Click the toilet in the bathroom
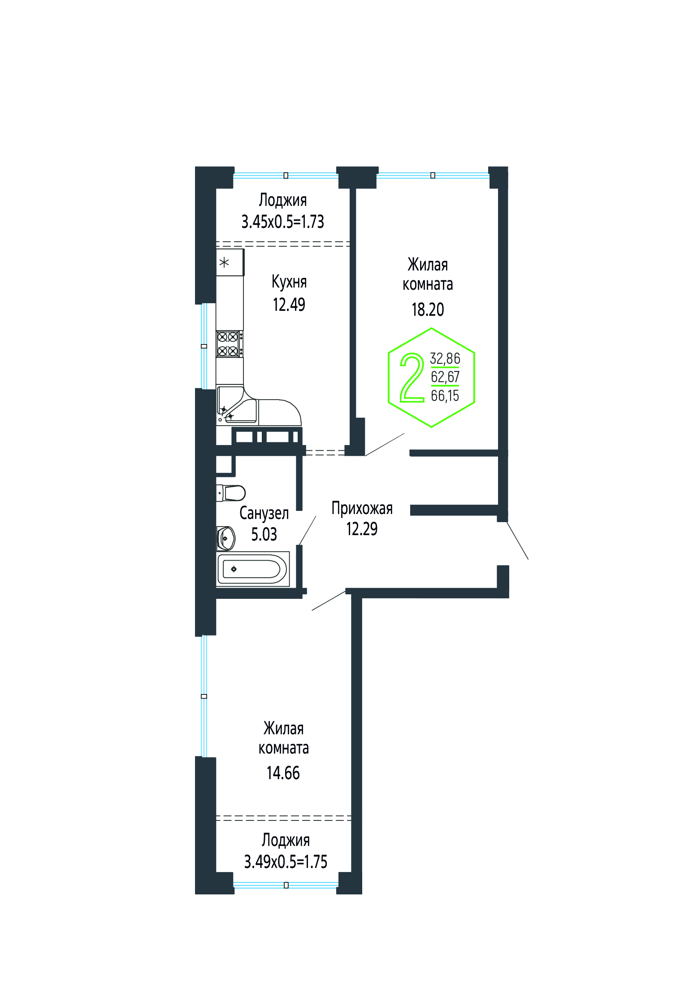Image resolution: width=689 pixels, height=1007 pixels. tap(231, 493)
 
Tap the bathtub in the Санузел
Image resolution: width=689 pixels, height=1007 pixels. tap(253, 569)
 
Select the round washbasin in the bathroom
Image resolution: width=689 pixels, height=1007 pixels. tap(226, 538)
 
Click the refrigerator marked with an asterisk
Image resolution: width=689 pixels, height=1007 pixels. tap(230, 262)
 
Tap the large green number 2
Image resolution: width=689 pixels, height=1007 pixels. tap(412, 377)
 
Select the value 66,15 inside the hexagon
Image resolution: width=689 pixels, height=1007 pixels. tap(445, 396)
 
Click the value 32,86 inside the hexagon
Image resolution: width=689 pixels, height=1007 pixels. tap(445, 358)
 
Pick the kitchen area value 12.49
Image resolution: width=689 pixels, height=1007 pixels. tap(289, 305)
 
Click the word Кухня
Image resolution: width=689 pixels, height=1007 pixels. tap(289, 282)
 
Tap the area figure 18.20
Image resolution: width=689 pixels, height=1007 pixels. tap(428, 310)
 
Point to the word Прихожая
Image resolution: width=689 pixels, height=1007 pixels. tap(362, 508)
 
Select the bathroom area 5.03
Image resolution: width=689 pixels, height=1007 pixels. tap(264, 534)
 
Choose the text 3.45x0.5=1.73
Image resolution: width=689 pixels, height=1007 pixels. tap(283, 222)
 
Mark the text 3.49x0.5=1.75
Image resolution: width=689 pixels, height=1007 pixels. tap(286, 862)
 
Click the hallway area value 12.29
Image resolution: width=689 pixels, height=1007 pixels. tap(362, 529)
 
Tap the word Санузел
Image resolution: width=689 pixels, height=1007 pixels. tap(264, 513)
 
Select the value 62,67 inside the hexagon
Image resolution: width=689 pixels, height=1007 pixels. tap(445, 377)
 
